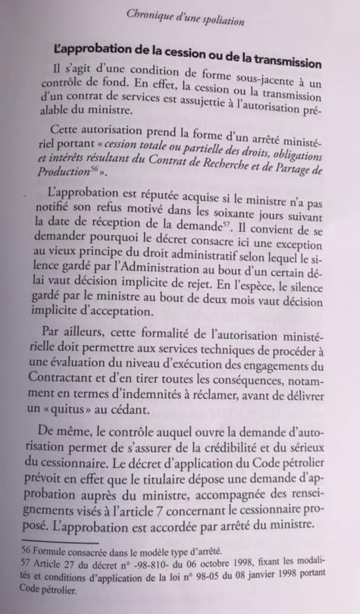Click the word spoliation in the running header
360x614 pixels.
tap(214, 20)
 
